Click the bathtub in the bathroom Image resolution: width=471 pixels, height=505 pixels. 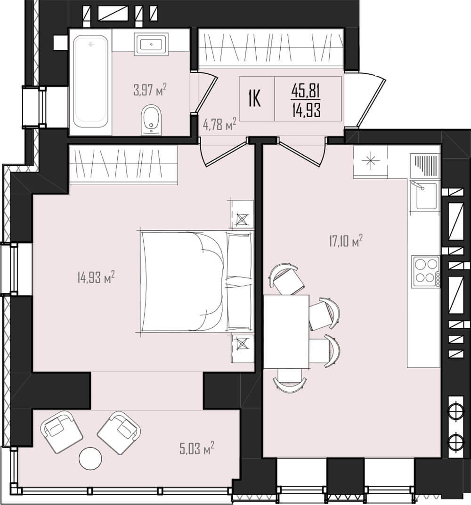point(90,81)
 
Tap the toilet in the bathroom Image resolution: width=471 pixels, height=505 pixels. point(151,120)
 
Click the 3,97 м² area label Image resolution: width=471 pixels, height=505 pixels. point(150,90)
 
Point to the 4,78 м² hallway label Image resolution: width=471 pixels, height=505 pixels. point(219,124)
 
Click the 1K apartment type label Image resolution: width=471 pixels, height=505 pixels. point(254,99)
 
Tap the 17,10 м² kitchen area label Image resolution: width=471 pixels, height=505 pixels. point(346,241)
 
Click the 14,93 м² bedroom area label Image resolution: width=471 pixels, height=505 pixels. point(96,277)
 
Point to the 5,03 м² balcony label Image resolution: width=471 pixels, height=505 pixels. point(197,448)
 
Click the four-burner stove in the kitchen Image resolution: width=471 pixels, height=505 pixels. point(426,271)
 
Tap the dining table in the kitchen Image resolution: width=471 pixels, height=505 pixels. point(286,331)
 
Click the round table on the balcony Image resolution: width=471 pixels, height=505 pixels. point(90,458)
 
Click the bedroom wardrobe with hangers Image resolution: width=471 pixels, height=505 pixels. point(123,165)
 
